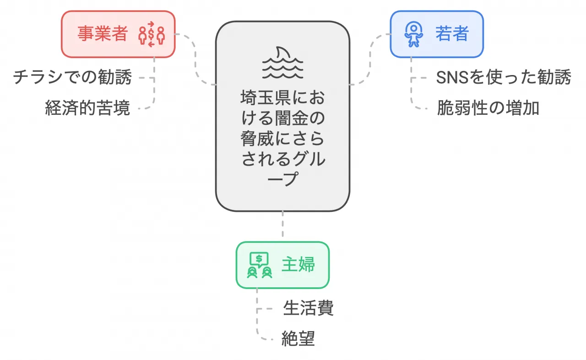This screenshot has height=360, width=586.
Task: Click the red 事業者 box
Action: click(118, 34)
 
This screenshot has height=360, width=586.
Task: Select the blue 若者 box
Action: click(436, 34)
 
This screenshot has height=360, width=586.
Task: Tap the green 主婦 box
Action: click(282, 265)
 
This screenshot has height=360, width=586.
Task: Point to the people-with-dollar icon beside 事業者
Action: click(151, 35)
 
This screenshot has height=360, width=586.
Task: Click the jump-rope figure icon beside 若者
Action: click(413, 35)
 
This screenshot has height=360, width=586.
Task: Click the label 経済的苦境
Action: click(87, 108)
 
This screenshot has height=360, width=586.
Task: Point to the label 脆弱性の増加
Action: click(488, 108)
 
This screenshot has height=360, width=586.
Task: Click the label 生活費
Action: click(308, 308)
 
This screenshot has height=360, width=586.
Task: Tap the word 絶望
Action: click(298, 339)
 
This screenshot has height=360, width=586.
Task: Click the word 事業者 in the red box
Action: click(102, 34)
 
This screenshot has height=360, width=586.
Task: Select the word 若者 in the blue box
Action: click(452, 34)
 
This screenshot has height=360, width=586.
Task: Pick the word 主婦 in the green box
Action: click(298, 265)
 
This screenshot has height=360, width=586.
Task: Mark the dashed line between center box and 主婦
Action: click(282, 226)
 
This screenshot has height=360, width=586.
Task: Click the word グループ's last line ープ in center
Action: click(282, 179)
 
